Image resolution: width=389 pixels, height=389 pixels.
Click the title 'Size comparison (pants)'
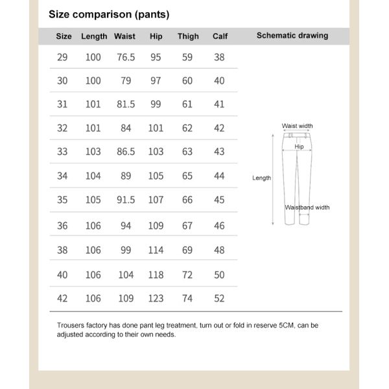coord(109,14)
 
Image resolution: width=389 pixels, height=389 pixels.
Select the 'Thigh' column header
coord(188,36)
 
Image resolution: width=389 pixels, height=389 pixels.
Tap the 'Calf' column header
coord(220,36)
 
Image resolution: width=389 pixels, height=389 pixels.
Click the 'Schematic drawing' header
coord(292,36)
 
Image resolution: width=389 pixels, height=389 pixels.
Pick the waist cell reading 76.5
coord(126,57)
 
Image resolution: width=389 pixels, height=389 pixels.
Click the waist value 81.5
coord(126,104)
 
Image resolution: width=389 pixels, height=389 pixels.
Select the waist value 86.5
coord(126,152)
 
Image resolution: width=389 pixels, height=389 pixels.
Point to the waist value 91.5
coord(126,200)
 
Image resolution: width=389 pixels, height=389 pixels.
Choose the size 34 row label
coord(62,176)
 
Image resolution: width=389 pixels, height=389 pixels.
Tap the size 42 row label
coord(62,298)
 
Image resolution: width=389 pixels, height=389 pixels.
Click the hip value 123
coord(156,298)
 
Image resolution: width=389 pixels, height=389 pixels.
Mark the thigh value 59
coord(187,57)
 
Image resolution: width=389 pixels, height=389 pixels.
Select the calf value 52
coord(219,298)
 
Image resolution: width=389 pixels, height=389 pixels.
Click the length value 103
coord(93,152)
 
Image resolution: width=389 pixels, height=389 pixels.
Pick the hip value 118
coord(156,275)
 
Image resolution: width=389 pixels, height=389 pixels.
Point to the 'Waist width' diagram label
coord(297,126)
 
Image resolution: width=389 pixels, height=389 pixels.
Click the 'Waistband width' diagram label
coord(307,207)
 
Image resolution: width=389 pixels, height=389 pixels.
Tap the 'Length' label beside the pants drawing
coord(261,178)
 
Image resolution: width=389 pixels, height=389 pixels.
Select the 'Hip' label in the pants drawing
coord(299,147)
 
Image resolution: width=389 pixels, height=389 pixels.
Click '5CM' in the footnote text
coord(287,325)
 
